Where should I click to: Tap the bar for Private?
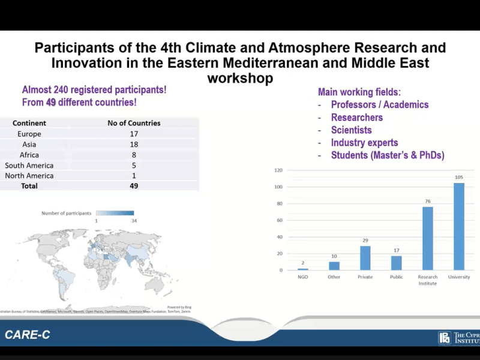(x=365, y=258)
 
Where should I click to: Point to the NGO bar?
(x=303, y=269)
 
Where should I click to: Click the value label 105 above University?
(x=459, y=177)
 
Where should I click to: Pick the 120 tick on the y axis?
(x=278, y=170)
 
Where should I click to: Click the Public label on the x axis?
(x=396, y=277)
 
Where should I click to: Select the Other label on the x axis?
(x=334, y=277)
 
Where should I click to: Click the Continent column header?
(x=29, y=123)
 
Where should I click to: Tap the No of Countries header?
(x=134, y=123)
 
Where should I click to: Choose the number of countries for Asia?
(x=134, y=144)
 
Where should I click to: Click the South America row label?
(x=29, y=165)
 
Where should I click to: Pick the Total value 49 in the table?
(x=134, y=186)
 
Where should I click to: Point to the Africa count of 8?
(x=134, y=155)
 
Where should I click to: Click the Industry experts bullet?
(x=364, y=143)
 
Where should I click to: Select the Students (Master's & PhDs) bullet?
(x=388, y=155)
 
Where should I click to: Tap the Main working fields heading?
(x=359, y=92)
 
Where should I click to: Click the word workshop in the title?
(x=240, y=78)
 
